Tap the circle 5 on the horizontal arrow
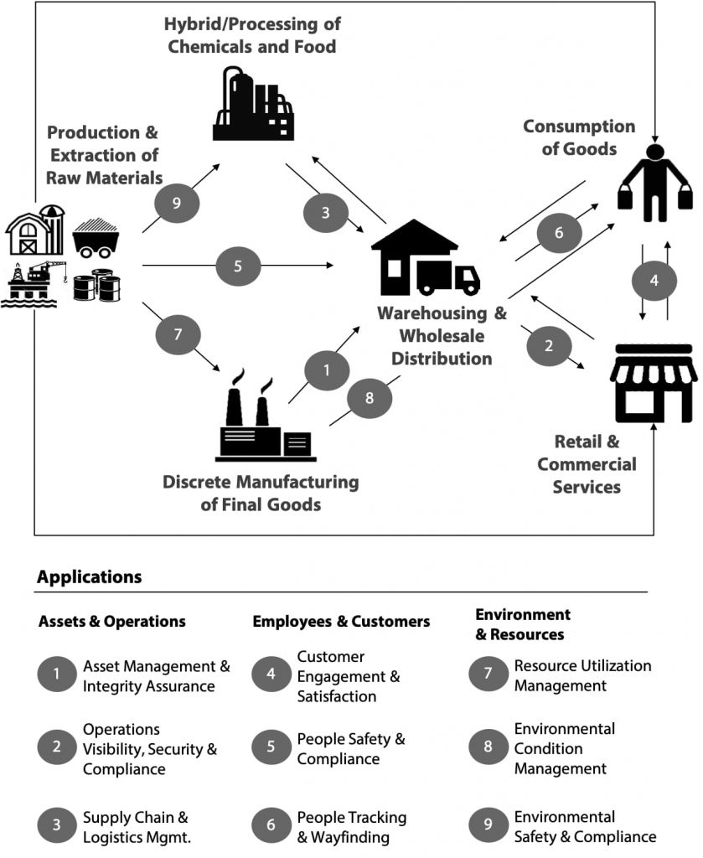click(238, 266)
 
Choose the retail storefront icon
click(653, 381)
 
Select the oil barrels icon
click(96, 285)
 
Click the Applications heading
click(90, 577)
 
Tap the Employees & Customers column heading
click(341, 621)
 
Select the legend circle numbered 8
click(488, 748)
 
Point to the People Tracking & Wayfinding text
click(351, 826)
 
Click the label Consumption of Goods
click(579, 137)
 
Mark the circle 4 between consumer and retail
click(654, 281)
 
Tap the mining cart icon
click(97, 238)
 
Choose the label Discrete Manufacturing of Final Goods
click(261, 494)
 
